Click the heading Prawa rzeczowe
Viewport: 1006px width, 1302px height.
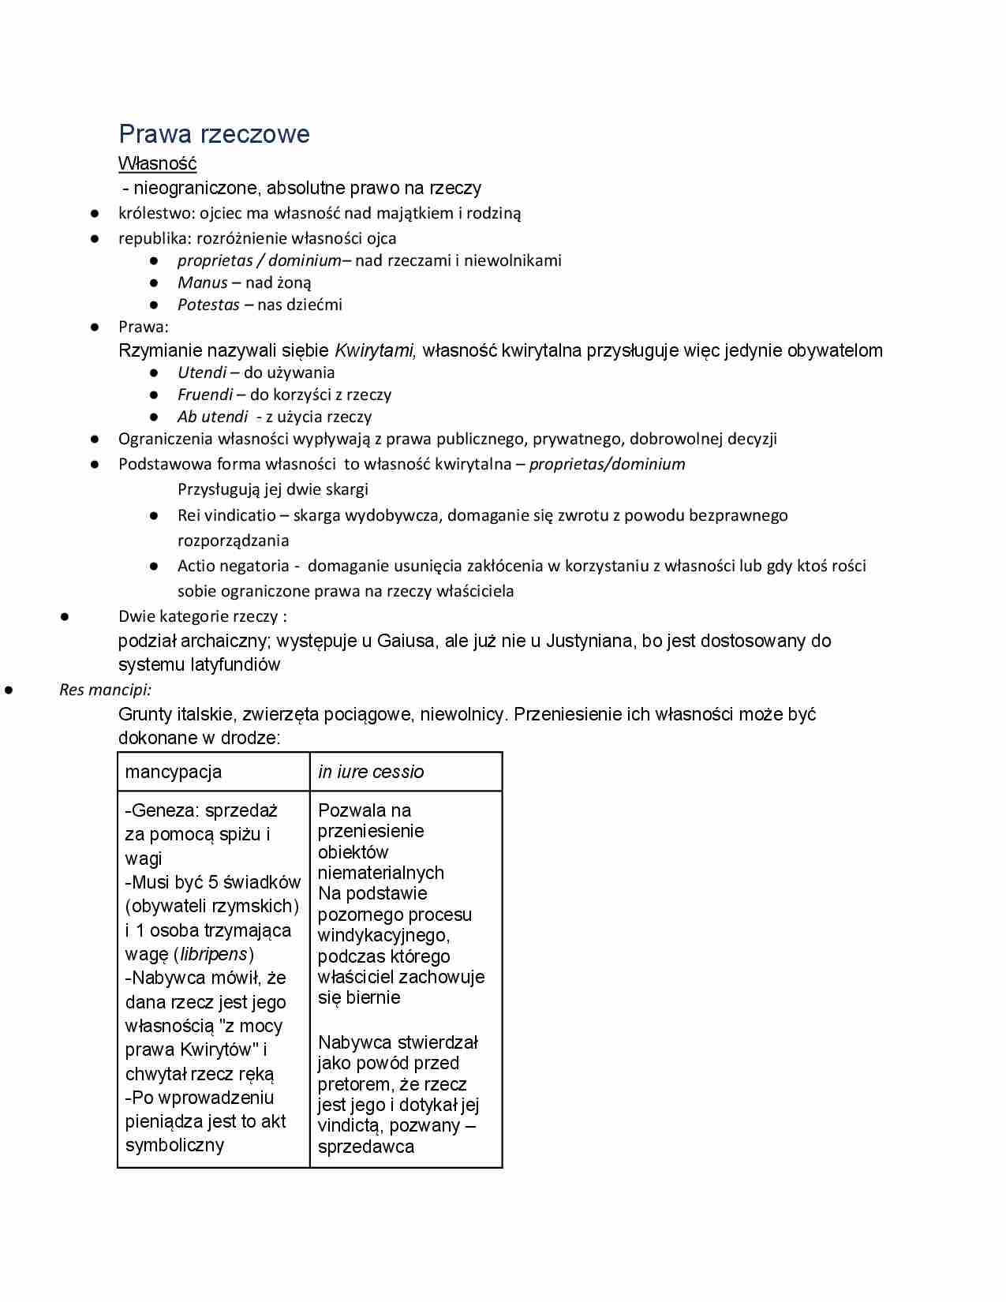[x=214, y=134]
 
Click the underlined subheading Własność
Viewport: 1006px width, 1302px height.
[x=157, y=163]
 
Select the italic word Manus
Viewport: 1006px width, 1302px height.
[x=202, y=282]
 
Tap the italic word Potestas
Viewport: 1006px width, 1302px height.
[x=208, y=305]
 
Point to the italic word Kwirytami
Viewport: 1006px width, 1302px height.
[x=375, y=350]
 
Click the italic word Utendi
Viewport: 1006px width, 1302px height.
[x=201, y=372]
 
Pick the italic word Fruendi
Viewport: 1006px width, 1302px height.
[x=205, y=395]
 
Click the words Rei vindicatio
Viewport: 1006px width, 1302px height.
[x=226, y=515]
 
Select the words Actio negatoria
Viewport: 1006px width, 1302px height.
[x=233, y=566]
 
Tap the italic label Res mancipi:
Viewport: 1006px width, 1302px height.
[x=106, y=690]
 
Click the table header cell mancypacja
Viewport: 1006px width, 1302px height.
[x=174, y=772]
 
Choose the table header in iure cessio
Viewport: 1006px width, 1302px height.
[x=371, y=772]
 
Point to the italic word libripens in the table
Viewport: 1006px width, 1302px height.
[x=214, y=954]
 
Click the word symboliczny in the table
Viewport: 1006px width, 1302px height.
[x=174, y=1145]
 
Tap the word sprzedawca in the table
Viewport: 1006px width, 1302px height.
[x=365, y=1147]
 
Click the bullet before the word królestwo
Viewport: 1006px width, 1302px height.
[x=94, y=213]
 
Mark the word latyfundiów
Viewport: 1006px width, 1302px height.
[x=235, y=664]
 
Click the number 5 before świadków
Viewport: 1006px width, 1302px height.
[x=213, y=882]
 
